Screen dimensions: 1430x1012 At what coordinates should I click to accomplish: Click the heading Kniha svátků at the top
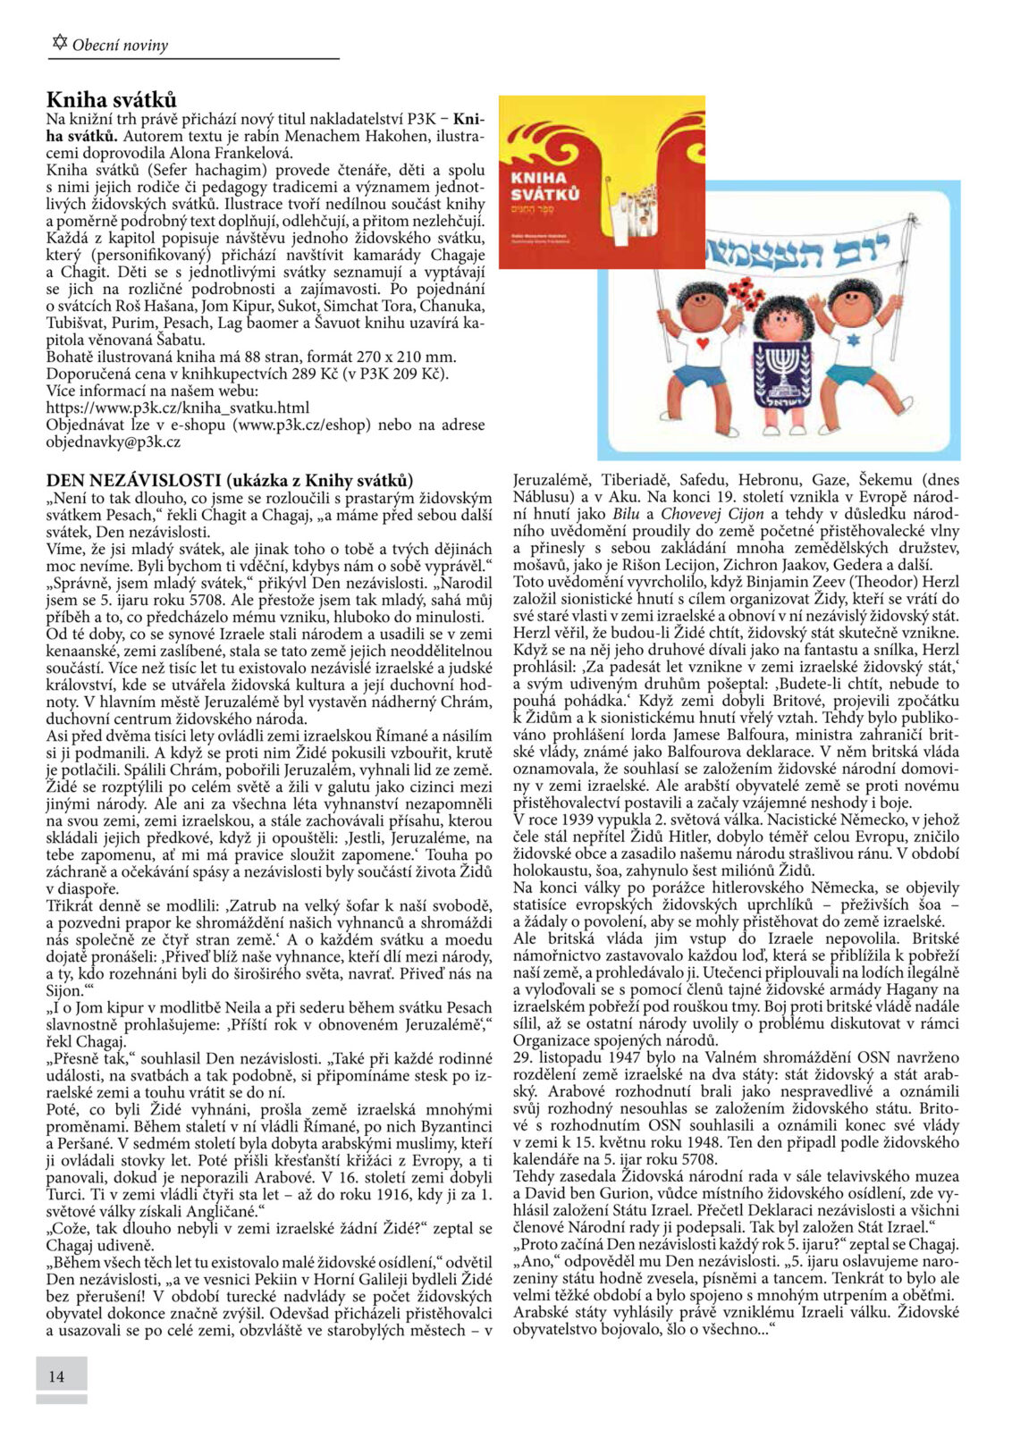point(112,99)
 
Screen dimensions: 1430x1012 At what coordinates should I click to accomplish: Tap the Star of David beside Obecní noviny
point(60,42)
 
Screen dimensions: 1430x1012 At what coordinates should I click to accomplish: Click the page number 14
point(56,1375)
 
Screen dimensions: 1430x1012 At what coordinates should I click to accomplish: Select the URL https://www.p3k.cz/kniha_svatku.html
point(178,408)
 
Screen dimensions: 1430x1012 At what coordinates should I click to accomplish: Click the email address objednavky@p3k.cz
point(114,442)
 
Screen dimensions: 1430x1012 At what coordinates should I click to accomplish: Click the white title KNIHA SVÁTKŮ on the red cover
point(544,185)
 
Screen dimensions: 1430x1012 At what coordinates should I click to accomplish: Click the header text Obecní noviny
point(120,46)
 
